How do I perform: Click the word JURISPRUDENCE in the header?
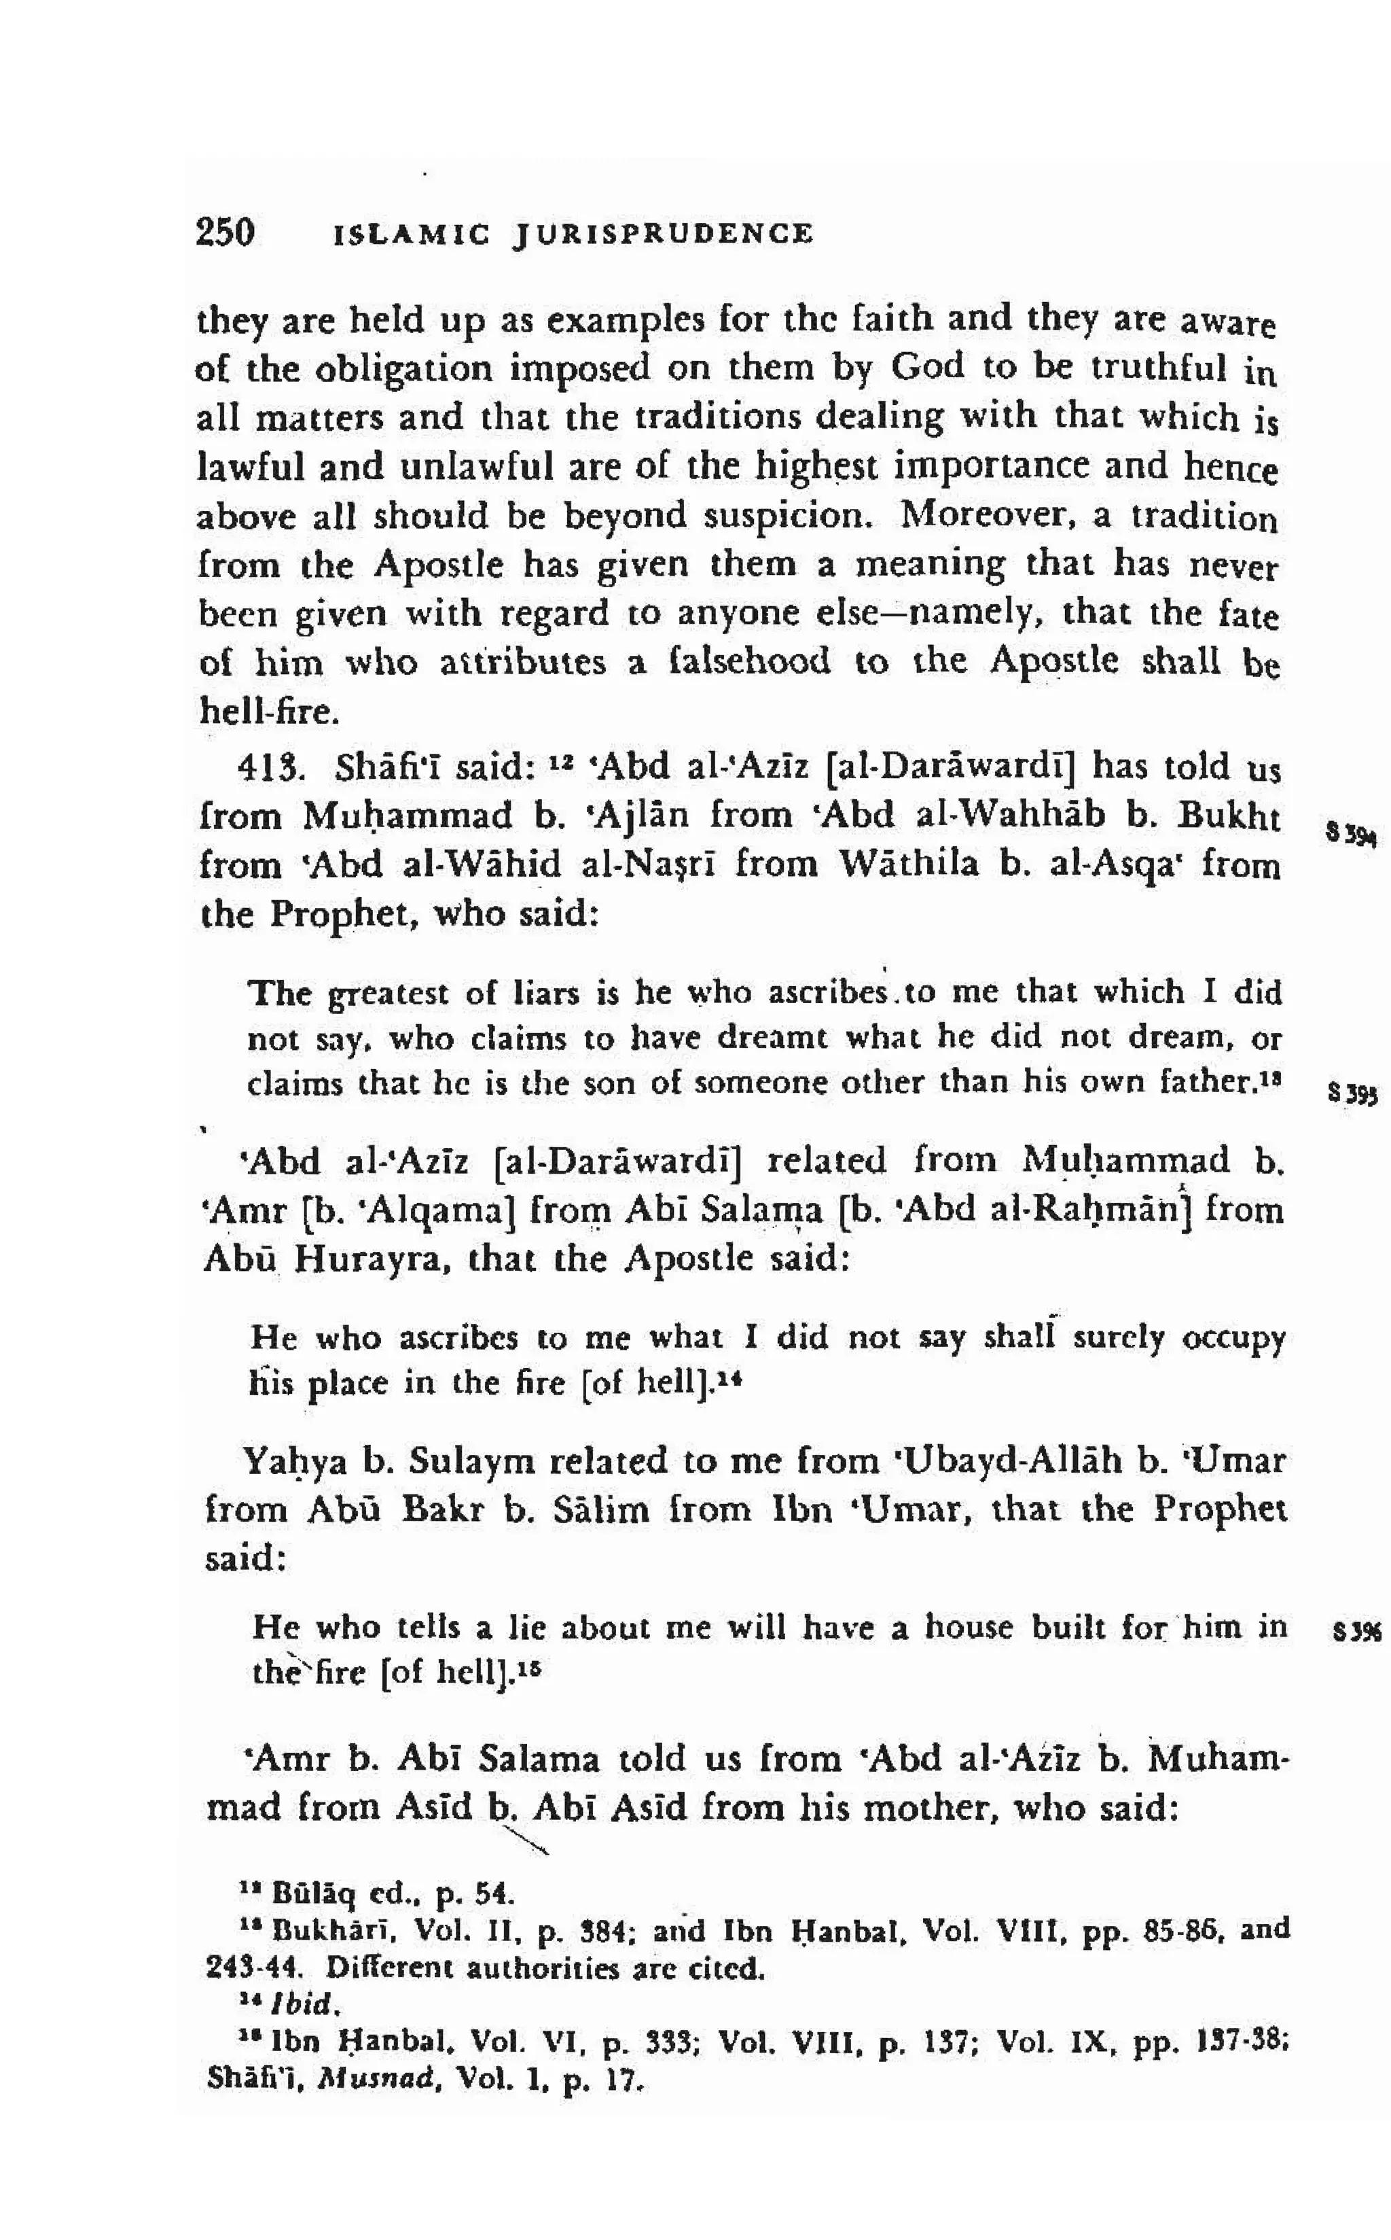tap(664, 234)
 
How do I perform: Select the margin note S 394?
tap(1350, 836)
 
